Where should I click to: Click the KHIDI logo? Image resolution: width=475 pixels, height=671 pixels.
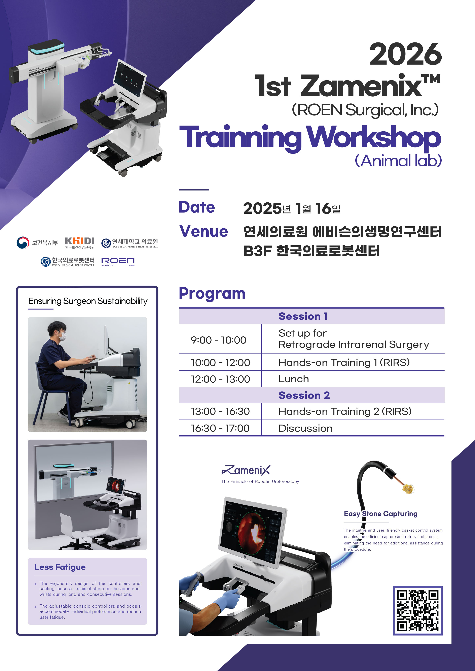tap(80, 243)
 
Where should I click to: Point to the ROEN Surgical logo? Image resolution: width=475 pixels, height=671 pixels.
tap(118, 262)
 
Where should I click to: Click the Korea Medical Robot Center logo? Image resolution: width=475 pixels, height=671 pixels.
tap(68, 262)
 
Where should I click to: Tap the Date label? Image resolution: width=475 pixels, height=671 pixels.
tap(197, 207)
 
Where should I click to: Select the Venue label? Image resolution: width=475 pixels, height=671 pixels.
tap(204, 231)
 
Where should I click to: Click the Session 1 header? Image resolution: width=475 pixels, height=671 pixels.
tap(303, 316)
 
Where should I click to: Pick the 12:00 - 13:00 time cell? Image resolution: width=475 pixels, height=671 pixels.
tap(220, 379)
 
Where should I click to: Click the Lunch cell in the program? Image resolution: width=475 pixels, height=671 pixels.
tap(294, 379)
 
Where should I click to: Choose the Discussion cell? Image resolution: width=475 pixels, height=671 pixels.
tap(305, 428)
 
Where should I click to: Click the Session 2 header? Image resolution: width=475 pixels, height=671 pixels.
tap(304, 395)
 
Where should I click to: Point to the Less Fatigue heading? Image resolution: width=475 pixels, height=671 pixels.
tap(60, 567)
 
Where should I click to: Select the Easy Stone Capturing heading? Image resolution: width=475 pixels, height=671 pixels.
tap(380, 514)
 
